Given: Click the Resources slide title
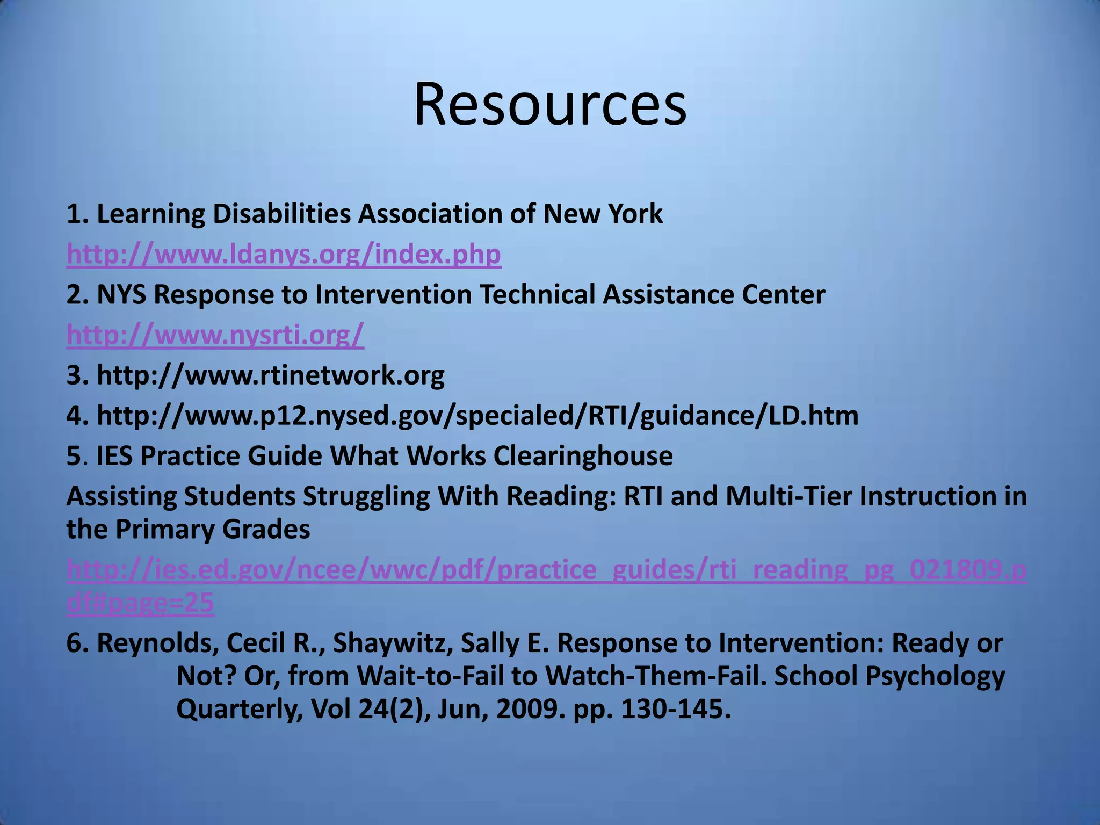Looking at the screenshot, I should click(550, 105).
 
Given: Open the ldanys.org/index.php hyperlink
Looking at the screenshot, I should click(284, 254).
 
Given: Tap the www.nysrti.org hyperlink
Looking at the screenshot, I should click(215, 335).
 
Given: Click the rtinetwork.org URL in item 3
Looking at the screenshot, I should click(270, 375).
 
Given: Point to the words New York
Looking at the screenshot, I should click(603, 214).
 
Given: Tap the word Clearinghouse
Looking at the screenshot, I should click(583, 455).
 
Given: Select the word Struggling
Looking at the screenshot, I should click(365, 496).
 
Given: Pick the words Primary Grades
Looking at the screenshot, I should click(213, 529).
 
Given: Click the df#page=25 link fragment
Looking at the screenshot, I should click(140, 603).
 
